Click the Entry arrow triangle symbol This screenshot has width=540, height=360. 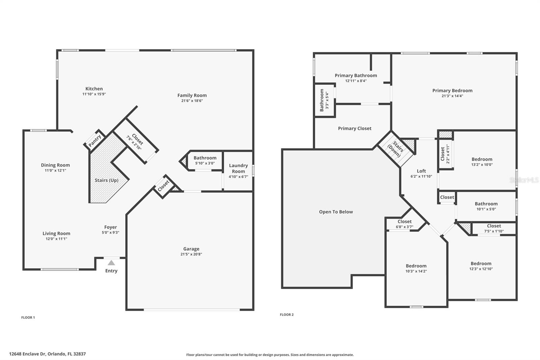pyautogui.click(x=111, y=263)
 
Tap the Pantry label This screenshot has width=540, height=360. pyautogui.click(x=95, y=141)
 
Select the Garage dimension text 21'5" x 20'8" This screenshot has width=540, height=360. pyautogui.click(x=191, y=254)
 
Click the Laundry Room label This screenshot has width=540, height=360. pyautogui.click(x=238, y=168)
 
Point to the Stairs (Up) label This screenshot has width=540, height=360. pyautogui.click(x=106, y=180)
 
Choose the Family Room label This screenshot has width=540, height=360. pyautogui.click(x=192, y=95)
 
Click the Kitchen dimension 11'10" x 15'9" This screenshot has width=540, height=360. pyautogui.click(x=94, y=94)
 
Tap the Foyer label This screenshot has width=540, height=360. pyautogui.click(x=110, y=227)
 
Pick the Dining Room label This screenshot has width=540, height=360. pyautogui.click(x=55, y=165)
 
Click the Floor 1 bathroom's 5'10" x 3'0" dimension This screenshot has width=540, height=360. pyautogui.click(x=205, y=163)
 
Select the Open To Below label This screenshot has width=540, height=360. pyautogui.click(x=336, y=212)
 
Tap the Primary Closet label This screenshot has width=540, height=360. pyautogui.click(x=354, y=128)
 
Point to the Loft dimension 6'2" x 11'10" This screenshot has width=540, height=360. pyautogui.click(x=421, y=176)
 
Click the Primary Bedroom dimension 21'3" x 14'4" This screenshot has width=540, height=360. pyautogui.click(x=452, y=96)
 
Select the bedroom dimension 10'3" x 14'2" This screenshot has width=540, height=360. pyautogui.click(x=416, y=271)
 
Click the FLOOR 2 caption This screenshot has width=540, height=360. pyautogui.click(x=287, y=315)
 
